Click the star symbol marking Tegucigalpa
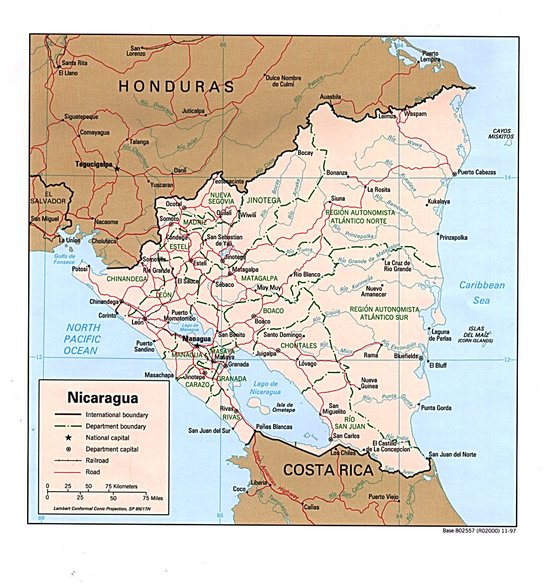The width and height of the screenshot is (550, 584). pyautogui.click(x=117, y=169)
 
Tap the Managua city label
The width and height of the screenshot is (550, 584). pyautogui.click(x=197, y=339)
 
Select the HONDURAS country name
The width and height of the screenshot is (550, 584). pyautogui.click(x=176, y=87)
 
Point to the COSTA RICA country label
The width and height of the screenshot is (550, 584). pyautogui.click(x=328, y=470)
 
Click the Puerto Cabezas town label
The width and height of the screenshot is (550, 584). pyautogui.click(x=476, y=173)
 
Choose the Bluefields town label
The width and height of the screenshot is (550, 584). pyautogui.click(x=406, y=356)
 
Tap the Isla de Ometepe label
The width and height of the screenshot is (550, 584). pyautogui.click(x=284, y=407)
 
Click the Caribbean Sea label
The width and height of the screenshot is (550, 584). pyautogui.click(x=482, y=293)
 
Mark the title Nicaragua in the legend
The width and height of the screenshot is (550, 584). pyautogui.click(x=103, y=398)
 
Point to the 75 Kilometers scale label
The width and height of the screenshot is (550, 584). pyautogui.click(x=121, y=486)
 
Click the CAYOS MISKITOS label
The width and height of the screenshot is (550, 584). pyautogui.click(x=501, y=133)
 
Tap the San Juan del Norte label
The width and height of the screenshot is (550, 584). pyautogui.click(x=452, y=455)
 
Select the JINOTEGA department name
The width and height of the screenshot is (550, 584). pyautogui.click(x=263, y=200)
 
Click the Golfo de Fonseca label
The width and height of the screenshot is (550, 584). pyautogui.click(x=64, y=259)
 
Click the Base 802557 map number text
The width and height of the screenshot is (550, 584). pyautogui.click(x=479, y=530)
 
